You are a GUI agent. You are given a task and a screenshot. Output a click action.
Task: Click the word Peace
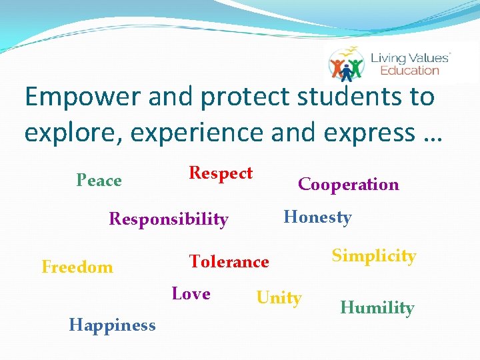point(99,181)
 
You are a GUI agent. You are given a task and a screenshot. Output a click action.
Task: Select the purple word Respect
point(221,173)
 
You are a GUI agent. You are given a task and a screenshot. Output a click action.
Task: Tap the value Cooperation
point(348,185)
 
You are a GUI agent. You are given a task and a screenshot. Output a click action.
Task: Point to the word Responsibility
point(169,219)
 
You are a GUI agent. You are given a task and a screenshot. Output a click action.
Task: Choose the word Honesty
point(317,217)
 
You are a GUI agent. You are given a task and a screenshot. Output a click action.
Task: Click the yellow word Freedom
point(77,267)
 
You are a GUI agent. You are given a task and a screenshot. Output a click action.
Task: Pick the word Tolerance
point(229,262)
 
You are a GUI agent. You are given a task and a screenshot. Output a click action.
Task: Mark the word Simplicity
point(374,256)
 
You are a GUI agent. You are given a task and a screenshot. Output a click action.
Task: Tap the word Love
point(191,294)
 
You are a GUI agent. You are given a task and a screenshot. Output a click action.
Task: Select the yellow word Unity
point(279,298)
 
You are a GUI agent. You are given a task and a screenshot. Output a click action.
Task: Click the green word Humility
point(377,308)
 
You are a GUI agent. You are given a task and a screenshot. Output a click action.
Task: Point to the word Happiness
point(112,325)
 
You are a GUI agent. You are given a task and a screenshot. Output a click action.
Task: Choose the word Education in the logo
point(409,70)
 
